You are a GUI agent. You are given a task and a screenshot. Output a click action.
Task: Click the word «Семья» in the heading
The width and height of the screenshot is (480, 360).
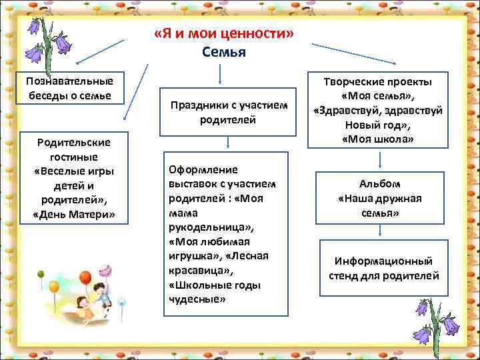(223, 51)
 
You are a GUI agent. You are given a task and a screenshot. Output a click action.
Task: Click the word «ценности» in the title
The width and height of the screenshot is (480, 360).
(255, 34)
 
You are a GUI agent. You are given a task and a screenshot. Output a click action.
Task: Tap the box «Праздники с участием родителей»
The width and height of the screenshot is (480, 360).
(228, 112)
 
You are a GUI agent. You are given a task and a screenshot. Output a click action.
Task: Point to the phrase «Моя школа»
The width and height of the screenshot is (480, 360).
(379, 139)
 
